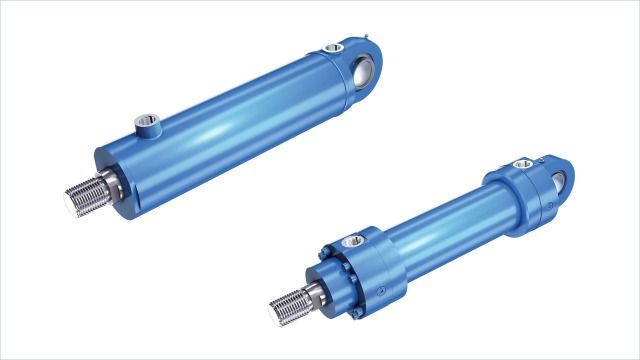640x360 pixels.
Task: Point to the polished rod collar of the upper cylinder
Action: click(x=112, y=183)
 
